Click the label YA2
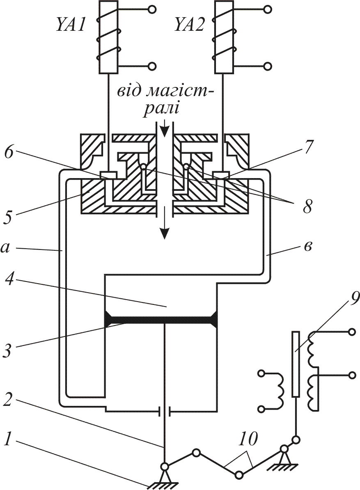coord(189,25)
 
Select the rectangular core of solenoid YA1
coord(108,37)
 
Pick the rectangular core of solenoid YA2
coord(224,37)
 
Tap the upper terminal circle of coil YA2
coord(268,9)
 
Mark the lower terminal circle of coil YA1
coord(152,66)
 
